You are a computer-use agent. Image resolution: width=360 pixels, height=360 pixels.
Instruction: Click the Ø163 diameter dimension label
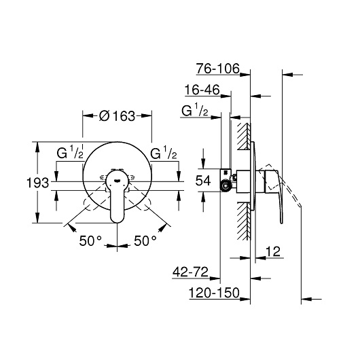(117, 116)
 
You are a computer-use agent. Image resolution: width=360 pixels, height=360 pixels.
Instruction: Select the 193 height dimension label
(38, 183)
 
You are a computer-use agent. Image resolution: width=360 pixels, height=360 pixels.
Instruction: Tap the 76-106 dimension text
(217, 69)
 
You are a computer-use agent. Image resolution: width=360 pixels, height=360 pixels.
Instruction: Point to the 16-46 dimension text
(202, 90)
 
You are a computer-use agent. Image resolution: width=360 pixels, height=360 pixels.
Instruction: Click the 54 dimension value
(203, 181)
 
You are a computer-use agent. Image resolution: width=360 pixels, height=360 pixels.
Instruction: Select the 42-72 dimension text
(190, 272)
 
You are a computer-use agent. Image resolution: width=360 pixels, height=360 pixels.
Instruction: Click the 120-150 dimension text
(214, 293)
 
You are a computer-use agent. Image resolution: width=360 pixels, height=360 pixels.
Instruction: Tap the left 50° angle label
(90, 241)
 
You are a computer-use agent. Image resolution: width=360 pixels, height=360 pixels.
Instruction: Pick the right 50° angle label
(145, 241)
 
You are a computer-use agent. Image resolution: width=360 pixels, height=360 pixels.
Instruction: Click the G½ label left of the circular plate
(70, 153)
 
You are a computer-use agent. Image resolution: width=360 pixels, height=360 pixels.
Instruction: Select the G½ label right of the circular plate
(164, 153)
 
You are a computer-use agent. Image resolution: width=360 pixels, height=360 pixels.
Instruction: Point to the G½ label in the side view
(195, 111)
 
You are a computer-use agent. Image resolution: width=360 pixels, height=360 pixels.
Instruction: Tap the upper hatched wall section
(244, 137)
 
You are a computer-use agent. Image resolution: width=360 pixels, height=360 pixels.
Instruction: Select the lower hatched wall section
(244, 221)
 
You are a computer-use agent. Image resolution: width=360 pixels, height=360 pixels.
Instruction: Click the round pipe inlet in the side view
(226, 186)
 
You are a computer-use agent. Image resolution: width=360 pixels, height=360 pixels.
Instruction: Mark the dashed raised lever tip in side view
(300, 205)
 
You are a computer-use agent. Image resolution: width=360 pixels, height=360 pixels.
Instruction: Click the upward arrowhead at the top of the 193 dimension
(37, 147)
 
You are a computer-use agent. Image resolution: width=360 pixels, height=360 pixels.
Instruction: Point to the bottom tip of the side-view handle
(281, 223)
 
